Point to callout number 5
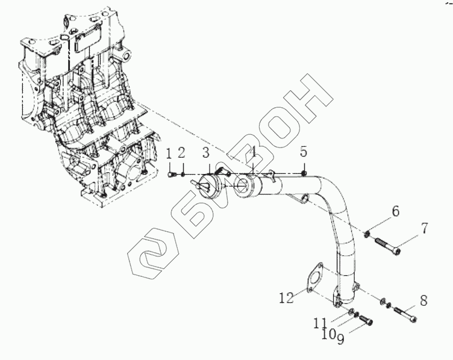[304, 151]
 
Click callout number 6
[395, 211]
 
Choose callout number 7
[424, 229]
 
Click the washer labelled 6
[367, 233]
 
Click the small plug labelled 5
[305, 173]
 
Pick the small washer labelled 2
[183, 175]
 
